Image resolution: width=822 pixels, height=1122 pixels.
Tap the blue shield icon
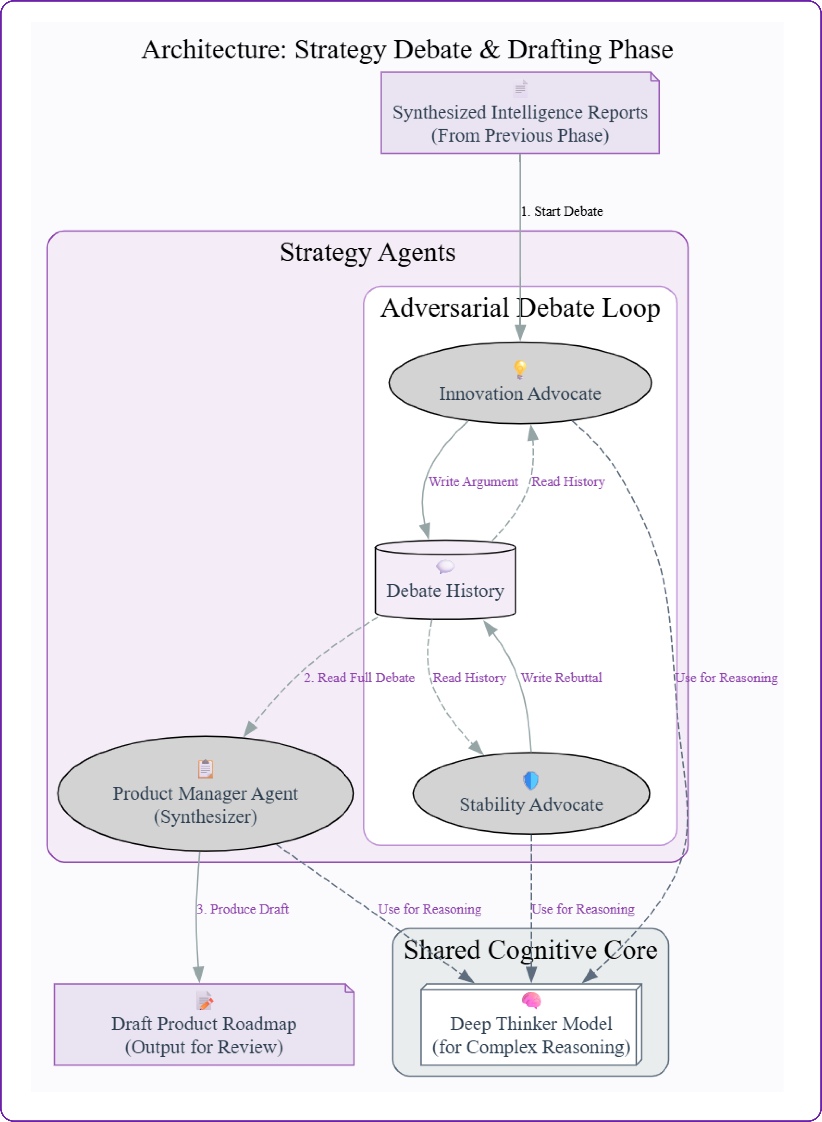pyautogui.click(x=531, y=780)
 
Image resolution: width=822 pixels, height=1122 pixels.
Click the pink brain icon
pyautogui.click(x=531, y=1000)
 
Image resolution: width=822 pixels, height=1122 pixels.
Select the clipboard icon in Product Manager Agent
pyautogui.click(x=206, y=768)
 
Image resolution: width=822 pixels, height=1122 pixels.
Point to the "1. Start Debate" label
pyautogui.click(x=562, y=211)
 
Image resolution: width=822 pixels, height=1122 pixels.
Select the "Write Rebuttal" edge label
pyautogui.click(x=561, y=678)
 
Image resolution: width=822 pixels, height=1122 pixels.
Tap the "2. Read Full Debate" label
pyautogui.click(x=359, y=678)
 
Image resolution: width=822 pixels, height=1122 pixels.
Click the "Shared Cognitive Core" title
pyautogui.click(x=530, y=950)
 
